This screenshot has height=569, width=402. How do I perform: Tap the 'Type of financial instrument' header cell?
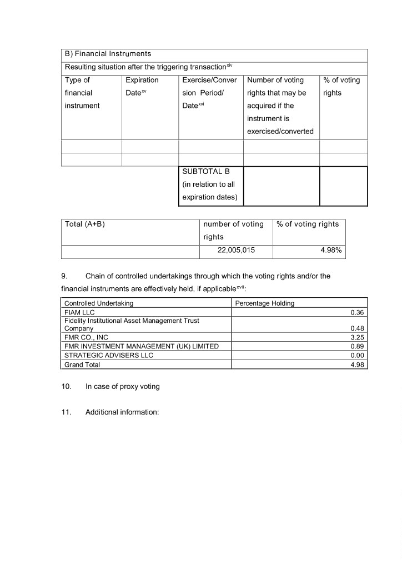82,93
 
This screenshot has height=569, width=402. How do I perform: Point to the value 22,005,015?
237,251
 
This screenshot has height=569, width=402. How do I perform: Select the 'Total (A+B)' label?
85,224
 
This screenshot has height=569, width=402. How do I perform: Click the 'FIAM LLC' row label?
80,312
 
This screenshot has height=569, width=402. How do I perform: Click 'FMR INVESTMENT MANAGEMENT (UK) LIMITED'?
142,346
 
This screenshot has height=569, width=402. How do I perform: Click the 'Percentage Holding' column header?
265,303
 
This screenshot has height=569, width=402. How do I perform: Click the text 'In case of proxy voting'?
122,386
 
